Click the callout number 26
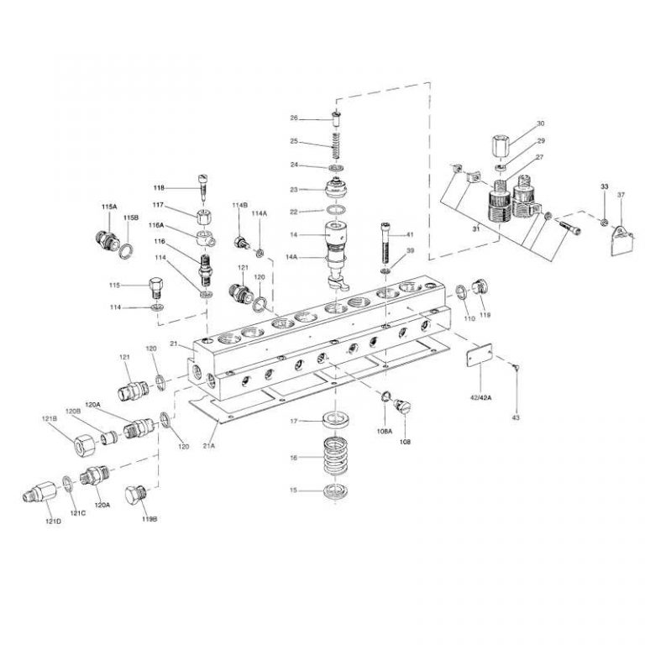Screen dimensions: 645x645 (x=295, y=118)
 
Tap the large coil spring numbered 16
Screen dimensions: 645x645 (x=336, y=459)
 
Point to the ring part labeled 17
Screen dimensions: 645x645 (x=336, y=419)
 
